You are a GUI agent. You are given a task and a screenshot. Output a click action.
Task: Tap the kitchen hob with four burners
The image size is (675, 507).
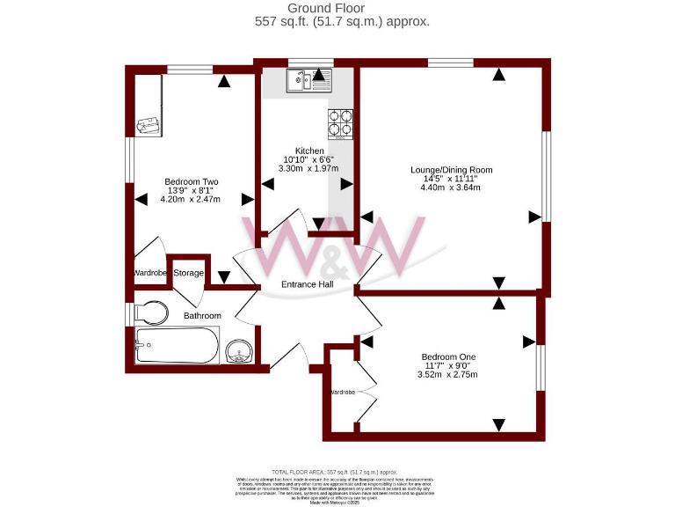tap(341, 124)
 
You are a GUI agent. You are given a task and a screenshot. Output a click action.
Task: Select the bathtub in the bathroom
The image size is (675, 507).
tap(178, 346)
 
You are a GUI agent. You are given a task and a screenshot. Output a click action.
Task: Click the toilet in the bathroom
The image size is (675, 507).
tap(151, 312)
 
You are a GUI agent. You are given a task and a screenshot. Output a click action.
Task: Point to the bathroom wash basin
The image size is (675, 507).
tap(238, 352)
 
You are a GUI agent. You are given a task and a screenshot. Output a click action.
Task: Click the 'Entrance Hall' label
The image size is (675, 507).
tap(308, 284)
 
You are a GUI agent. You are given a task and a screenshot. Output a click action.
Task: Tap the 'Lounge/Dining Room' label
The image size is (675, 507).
tap(452, 170)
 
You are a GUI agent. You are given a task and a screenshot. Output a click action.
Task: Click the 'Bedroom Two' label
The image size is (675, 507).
tap(191, 181)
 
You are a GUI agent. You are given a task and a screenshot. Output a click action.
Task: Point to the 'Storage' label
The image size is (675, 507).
tap(188, 274)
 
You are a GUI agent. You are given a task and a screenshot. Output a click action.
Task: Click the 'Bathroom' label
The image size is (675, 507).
tap(202, 315)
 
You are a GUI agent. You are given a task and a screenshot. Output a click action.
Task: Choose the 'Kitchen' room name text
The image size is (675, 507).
tap(308, 151)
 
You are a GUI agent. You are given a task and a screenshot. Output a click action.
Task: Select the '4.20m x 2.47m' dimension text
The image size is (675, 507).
tap(190, 199)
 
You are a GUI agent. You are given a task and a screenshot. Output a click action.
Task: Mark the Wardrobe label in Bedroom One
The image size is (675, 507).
tap(343, 391)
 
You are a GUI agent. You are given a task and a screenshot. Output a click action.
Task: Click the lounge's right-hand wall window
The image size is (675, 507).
tap(546, 177)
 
